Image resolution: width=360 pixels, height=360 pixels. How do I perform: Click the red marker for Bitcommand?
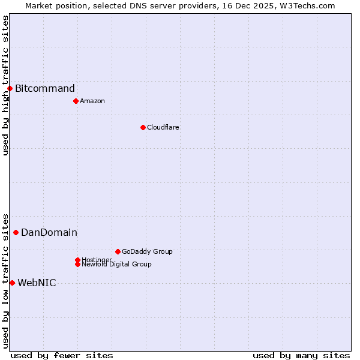pyautogui.click(x=10, y=89)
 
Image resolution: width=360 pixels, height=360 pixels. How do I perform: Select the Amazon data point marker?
pyautogui.click(x=76, y=101)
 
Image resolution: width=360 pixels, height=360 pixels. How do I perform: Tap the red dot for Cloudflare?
pyautogui.click(x=143, y=127)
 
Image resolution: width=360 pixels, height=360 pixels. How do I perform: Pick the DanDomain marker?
pyautogui.click(x=16, y=232)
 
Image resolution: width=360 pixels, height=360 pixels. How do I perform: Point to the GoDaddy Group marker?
pyautogui.click(x=118, y=251)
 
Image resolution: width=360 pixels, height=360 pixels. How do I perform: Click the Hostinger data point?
pyautogui.click(x=77, y=260)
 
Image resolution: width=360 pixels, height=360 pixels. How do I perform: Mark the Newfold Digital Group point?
pyautogui.click(x=77, y=264)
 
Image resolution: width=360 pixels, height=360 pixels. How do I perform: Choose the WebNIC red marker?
pyautogui.click(x=12, y=283)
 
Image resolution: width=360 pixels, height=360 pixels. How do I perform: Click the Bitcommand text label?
pyautogui.click(x=45, y=89)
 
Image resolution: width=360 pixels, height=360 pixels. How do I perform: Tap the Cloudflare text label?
pyautogui.click(x=163, y=127)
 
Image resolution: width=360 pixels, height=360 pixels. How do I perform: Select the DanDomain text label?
pyautogui.click(x=49, y=233)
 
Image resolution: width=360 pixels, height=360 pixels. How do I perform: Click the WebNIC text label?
pyautogui.click(x=37, y=283)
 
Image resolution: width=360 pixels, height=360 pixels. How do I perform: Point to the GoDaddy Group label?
pyautogui.click(x=147, y=251)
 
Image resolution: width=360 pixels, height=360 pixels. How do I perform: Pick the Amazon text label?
pyautogui.click(x=92, y=101)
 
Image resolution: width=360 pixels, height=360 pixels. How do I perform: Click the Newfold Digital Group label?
pyautogui.click(x=116, y=264)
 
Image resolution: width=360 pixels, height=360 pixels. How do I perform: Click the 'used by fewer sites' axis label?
pyautogui.click(x=62, y=355)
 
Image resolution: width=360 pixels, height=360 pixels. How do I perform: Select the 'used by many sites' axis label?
pyautogui.click(x=301, y=355)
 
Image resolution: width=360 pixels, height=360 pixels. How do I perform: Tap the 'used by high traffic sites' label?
pyautogui.click(x=6, y=85)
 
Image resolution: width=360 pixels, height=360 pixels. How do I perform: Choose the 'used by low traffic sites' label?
pyautogui.click(x=6, y=281)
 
